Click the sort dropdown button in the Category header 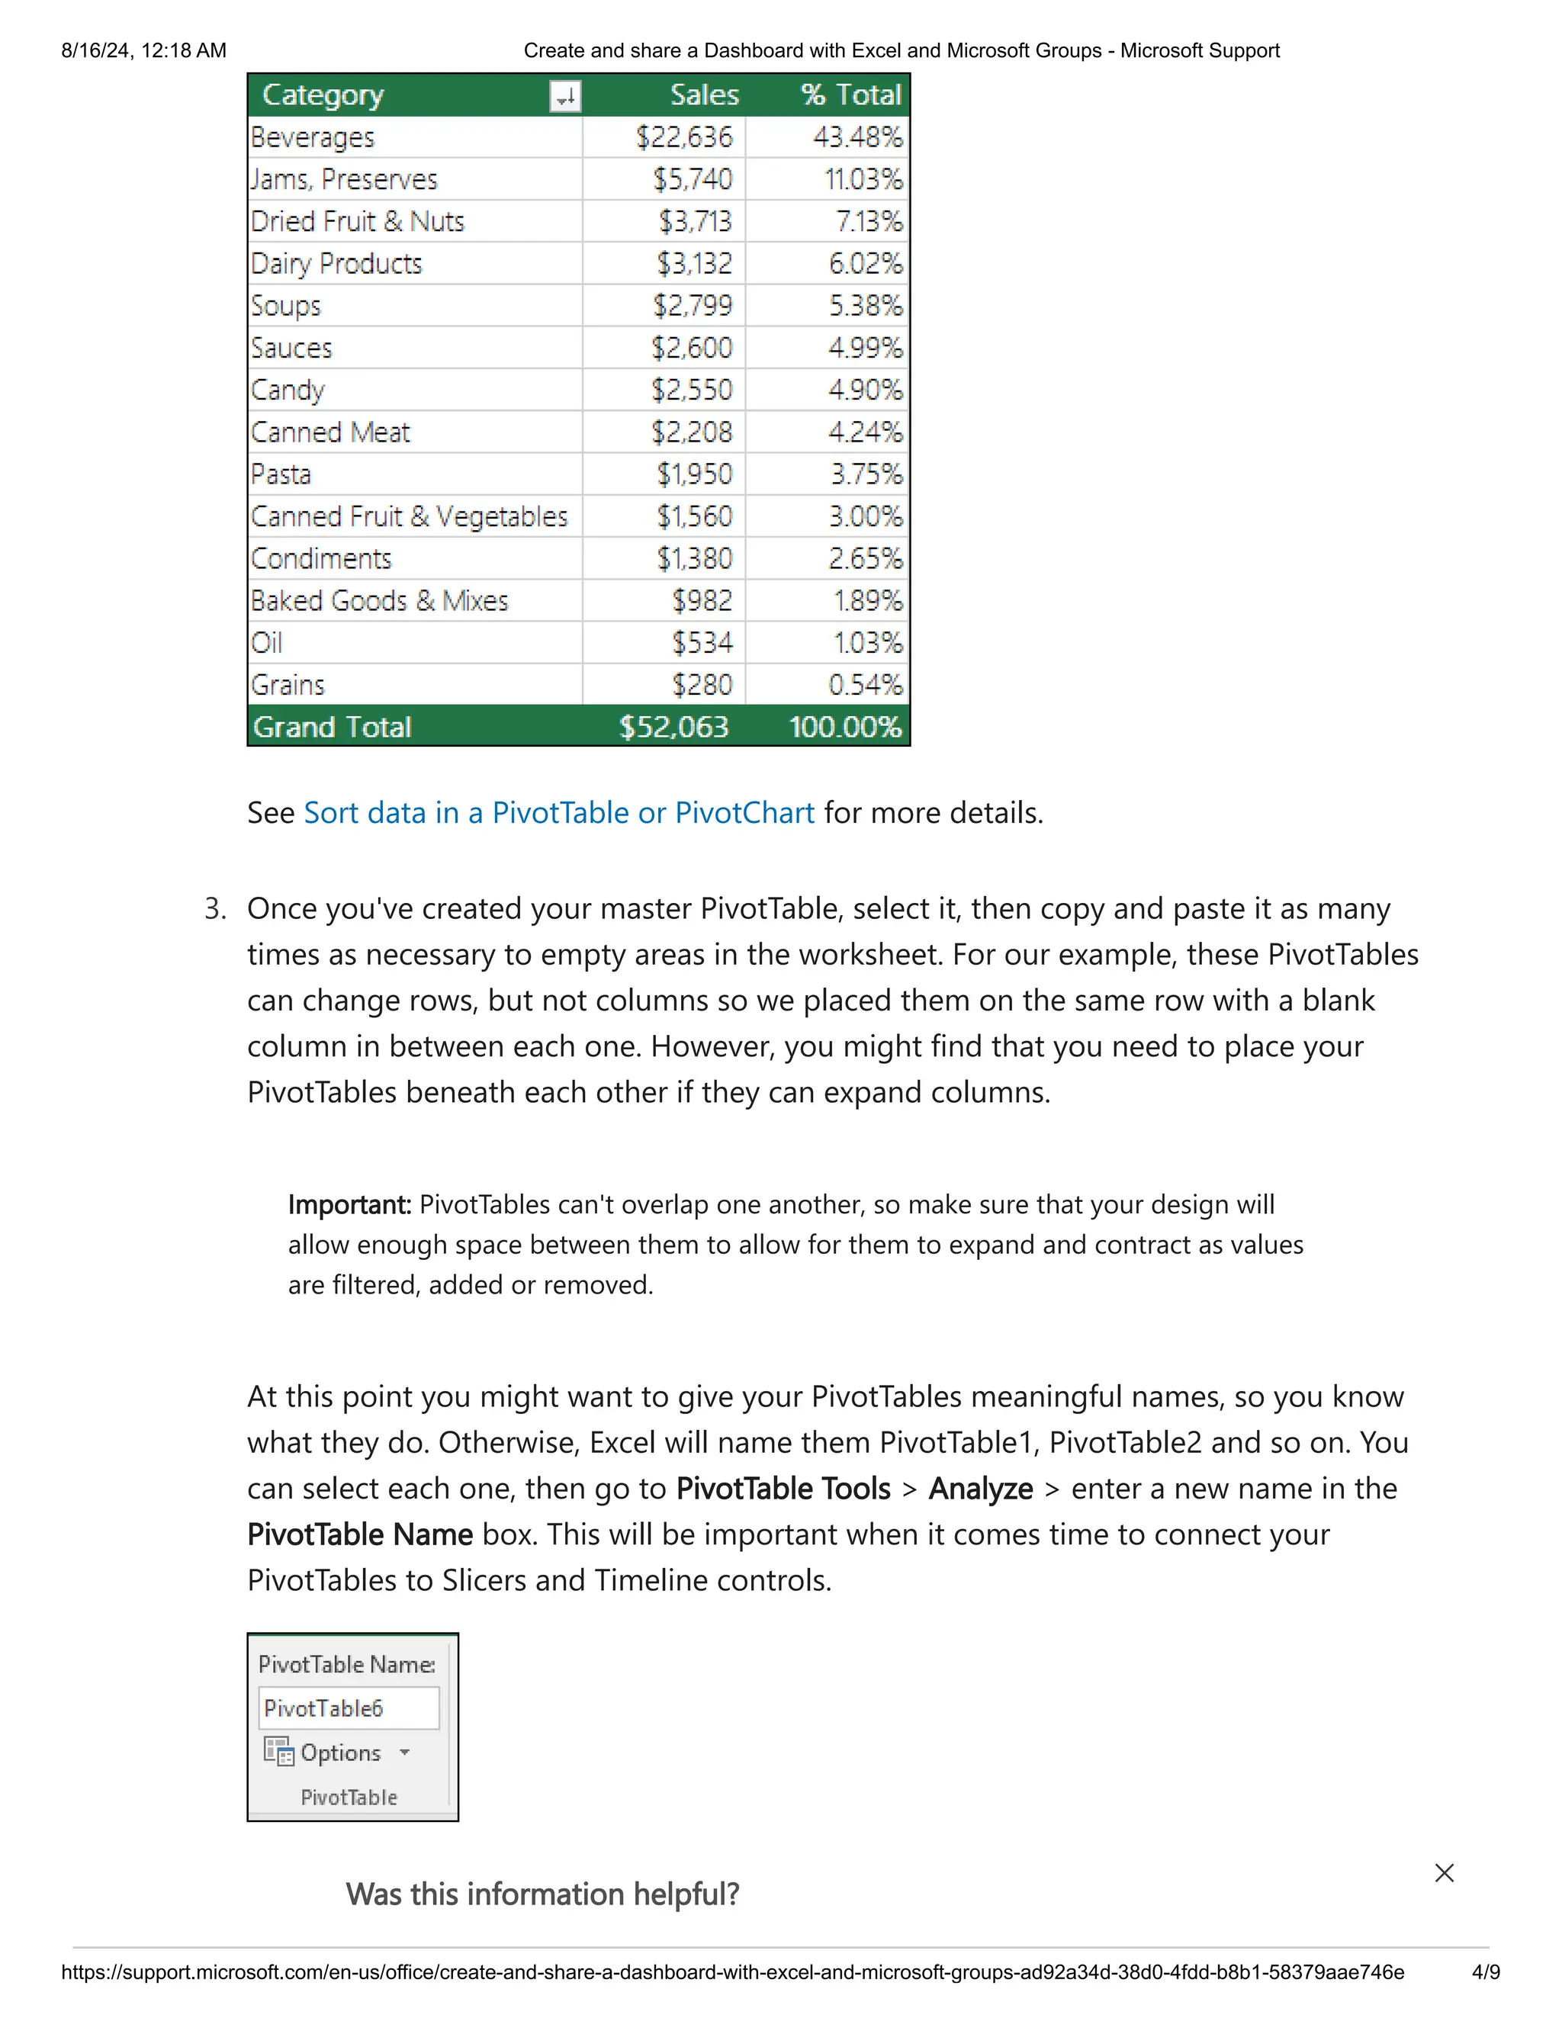(x=564, y=96)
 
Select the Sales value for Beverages (x=684, y=138)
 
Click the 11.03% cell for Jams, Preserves (x=863, y=179)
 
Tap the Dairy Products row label (x=337, y=264)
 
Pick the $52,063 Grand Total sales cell (x=673, y=728)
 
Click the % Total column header (x=850, y=95)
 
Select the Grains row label (x=288, y=686)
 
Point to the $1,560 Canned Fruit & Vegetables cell (x=694, y=516)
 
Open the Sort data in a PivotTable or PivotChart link (x=559, y=814)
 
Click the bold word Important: (x=349, y=1205)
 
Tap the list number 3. (x=214, y=909)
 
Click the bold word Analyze (x=980, y=1489)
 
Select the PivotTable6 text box (x=348, y=1708)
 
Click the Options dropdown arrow (x=404, y=1753)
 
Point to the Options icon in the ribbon (x=278, y=1752)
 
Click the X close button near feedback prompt (x=1444, y=1873)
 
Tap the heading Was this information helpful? (x=542, y=1895)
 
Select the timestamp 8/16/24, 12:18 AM (x=143, y=51)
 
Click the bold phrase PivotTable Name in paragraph (x=360, y=1535)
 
